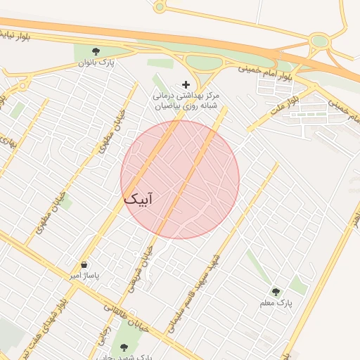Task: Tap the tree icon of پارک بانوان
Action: click(96, 51)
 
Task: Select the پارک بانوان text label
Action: click(96, 63)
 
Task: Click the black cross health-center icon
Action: click(186, 84)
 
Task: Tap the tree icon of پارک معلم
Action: click(276, 291)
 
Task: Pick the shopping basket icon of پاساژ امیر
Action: click(84, 264)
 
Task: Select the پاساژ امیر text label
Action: click(84, 276)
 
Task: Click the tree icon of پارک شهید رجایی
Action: click(124, 347)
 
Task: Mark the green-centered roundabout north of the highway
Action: click(320, 41)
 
